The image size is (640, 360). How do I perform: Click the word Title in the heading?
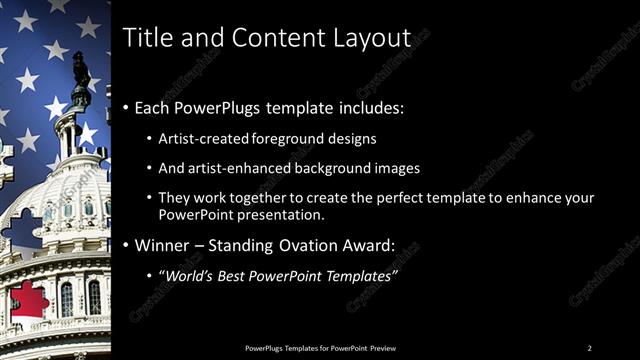coord(146,38)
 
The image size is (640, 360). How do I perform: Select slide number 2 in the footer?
coord(589,347)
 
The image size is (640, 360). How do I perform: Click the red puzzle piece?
coord(28,301)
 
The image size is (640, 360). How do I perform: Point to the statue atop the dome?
coord(80,70)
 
